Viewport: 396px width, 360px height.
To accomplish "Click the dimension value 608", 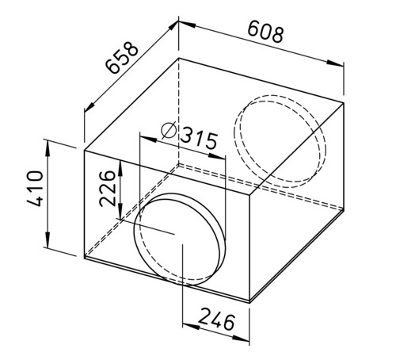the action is click(265, 32).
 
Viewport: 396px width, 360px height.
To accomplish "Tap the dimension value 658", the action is click(122, 57).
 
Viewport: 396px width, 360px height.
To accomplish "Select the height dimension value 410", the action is click(35, 189).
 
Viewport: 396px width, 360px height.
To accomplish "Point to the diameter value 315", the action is click(199, 138).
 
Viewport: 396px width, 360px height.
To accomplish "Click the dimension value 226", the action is click(107, 188).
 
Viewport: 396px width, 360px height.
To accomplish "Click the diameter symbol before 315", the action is click(169, 131).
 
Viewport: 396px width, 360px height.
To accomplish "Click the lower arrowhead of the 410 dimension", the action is click(48, 239).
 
